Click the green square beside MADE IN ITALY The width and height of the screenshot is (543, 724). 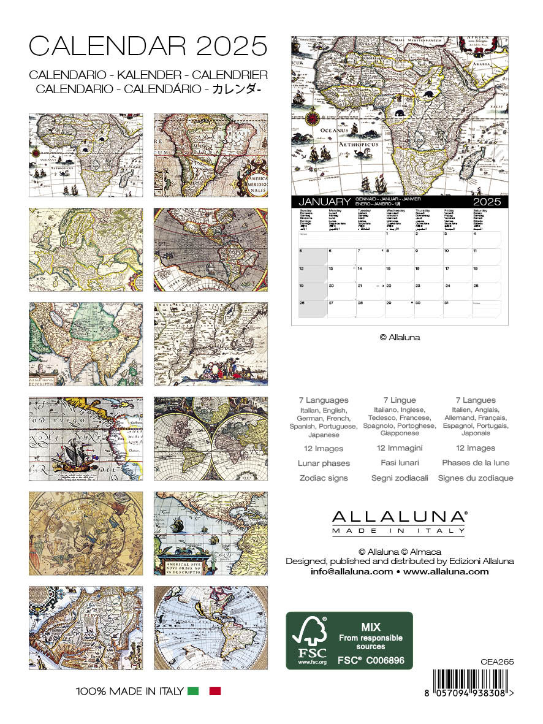point(194,692)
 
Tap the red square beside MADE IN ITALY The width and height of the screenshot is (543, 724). point(215,692)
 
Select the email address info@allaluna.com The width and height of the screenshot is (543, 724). point(351,571)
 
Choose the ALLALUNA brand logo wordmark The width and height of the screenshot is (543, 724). point(398,516)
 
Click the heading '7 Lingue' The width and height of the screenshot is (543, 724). point(400,400)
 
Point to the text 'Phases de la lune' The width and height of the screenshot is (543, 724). point(476,463)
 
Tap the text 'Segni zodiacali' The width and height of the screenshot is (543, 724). point(400,478)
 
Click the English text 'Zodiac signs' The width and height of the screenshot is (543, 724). point(324,478)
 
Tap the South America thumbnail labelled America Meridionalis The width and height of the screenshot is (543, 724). point(210,155)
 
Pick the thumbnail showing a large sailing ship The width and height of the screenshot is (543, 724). point(86,439)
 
